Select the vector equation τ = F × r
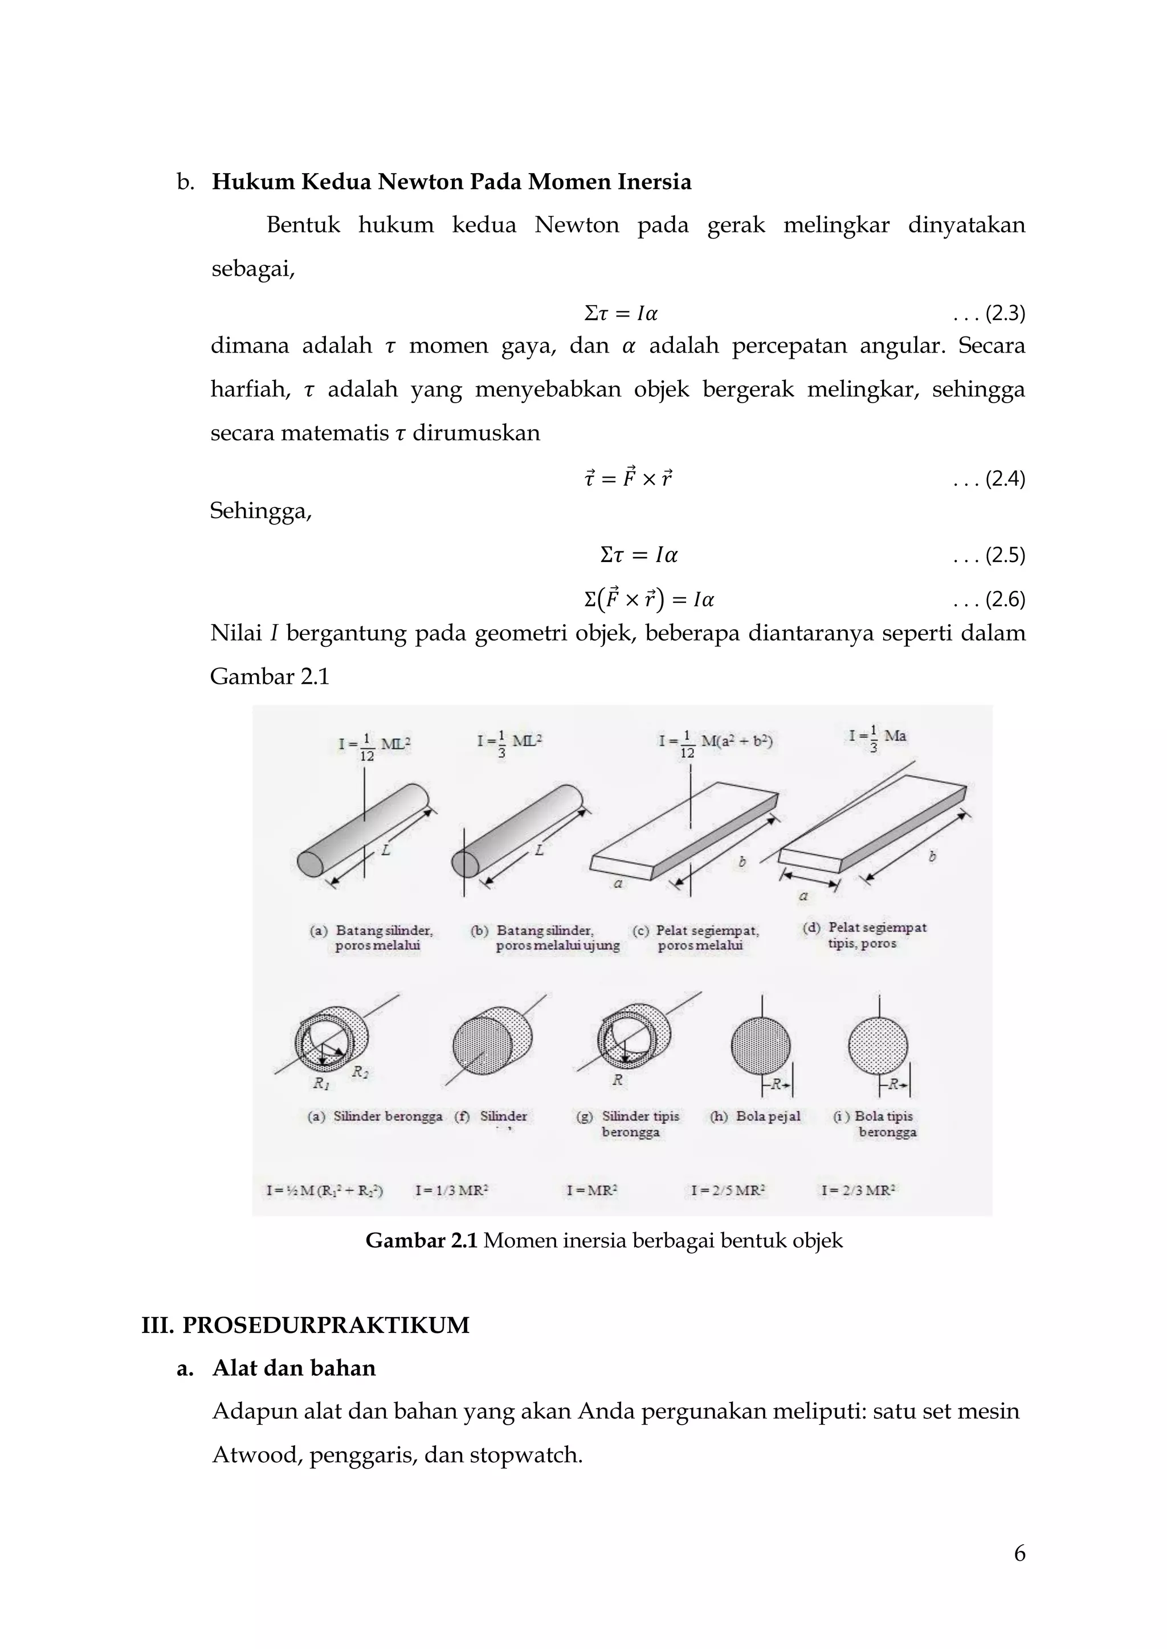(628, 478)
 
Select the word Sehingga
(261, 511)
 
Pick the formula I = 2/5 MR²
(727, 1191)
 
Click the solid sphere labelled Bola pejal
(760, 1047)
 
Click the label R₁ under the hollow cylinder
(320, 1083)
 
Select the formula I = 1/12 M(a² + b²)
(716, 744)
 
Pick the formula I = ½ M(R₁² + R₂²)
(325, 1191)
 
